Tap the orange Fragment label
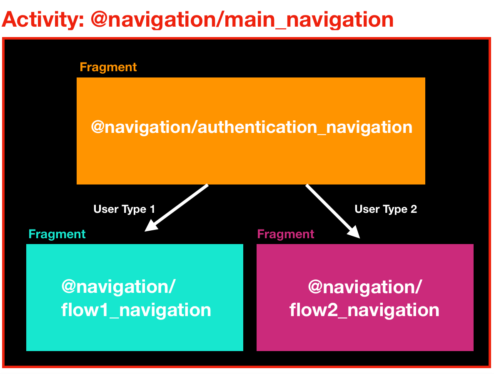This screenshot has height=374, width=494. [x=108, y=67]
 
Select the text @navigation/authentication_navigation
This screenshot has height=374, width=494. [x=252, y=127]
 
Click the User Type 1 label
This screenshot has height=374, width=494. [x=124, y=209]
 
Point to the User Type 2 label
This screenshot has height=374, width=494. [x=385, y=209]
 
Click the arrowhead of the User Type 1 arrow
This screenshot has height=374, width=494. [x=150, y=226]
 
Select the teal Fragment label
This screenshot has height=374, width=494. [x=57, y=234]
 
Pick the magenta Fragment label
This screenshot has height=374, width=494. [x=286, y=234]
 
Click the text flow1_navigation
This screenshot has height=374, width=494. [x=136, y=310]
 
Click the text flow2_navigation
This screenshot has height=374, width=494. [x=364, y=310]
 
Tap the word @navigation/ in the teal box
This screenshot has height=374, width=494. [x=118, y=287]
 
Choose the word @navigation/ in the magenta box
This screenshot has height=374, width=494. [x=365, y=287]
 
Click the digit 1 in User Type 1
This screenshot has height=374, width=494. [x=152, y=209]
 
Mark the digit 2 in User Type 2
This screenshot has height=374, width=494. [x=414, y=209]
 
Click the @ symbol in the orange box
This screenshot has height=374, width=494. [x=98, y=127]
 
